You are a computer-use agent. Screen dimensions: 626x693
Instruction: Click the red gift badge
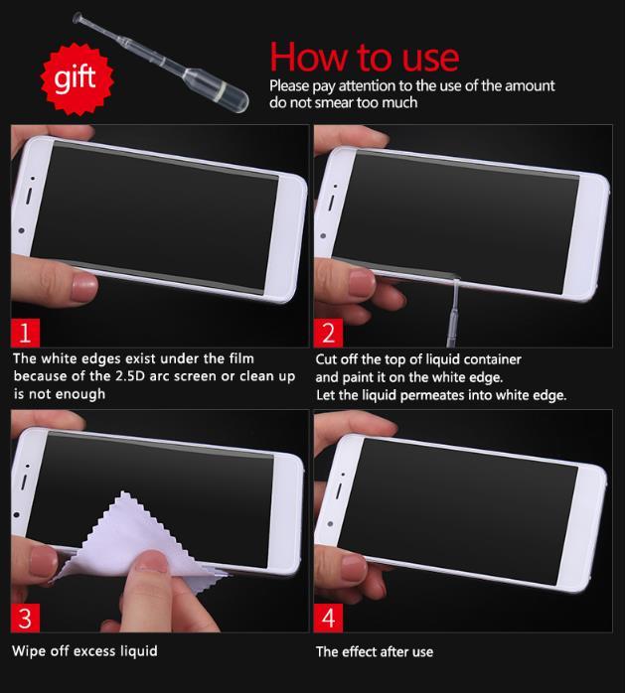77,79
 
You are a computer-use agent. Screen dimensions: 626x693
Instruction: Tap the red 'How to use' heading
365,57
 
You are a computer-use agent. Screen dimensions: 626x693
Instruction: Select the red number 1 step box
25,333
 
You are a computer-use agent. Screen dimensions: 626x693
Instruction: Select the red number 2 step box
328,333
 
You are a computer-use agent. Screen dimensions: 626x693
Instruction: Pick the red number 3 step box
25,618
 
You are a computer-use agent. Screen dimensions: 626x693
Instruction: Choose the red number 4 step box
328,618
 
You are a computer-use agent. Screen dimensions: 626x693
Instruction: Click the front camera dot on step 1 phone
21,230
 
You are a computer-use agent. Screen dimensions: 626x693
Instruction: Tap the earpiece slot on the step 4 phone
339,490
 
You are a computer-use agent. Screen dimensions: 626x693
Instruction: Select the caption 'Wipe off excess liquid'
84,651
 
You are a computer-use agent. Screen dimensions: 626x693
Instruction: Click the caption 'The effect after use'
375,652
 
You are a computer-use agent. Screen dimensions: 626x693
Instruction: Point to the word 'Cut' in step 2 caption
326,359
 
